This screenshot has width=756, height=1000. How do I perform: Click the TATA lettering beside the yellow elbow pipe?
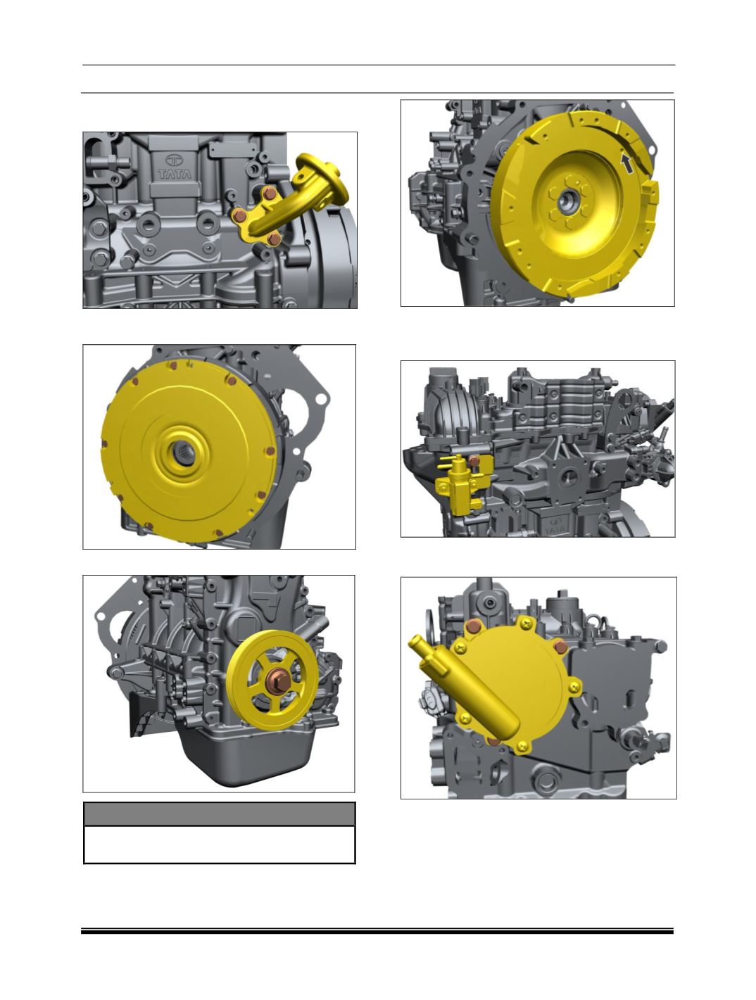(175, 174)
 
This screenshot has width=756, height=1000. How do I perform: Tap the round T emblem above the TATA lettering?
(174, 160)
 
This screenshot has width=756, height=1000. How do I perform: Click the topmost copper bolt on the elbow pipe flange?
(270, 194)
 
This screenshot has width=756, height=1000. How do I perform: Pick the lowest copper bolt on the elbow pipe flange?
(274, 239)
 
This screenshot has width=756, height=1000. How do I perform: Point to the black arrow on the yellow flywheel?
(627, 163)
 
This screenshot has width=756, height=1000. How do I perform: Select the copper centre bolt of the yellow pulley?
(279, 681)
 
